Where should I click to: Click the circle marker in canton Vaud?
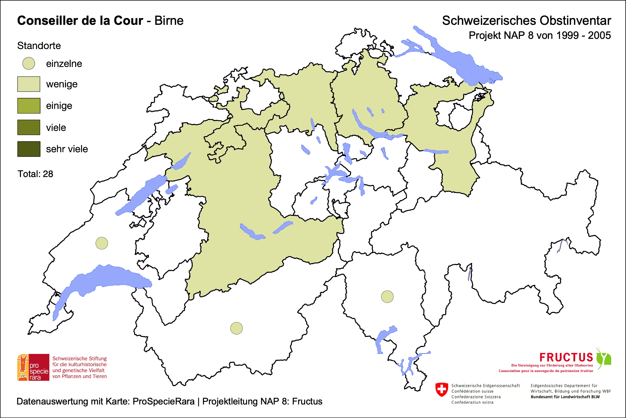pos(102,243)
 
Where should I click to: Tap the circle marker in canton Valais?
pos(236,328)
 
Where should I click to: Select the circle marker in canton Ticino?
pos(387,297)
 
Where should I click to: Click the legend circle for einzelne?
pos(29,63)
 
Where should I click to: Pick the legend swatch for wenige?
pos(29,84)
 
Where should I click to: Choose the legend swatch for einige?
pos(29,106)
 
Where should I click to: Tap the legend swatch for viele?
pos(29,127)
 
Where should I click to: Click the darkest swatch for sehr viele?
pos(29,149)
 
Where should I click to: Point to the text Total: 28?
pos(35,174)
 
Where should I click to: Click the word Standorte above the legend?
pos(39,46)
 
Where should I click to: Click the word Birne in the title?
pos(169,21)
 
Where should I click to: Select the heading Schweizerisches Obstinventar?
pos(526,21)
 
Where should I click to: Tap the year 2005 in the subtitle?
pos(599,36)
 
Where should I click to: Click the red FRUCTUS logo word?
pos(566,357)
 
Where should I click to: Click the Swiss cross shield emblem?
pos(442,390)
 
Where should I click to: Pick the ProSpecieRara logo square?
pos(33,367)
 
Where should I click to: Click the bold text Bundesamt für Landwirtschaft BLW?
pos(565,397)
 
